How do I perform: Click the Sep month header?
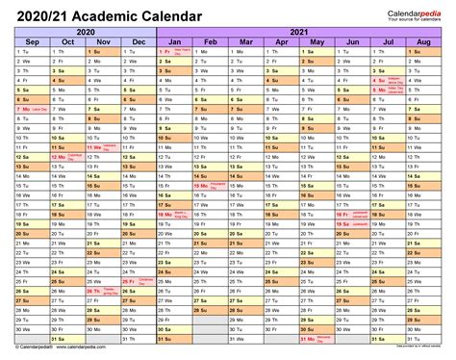(x=33, y=43)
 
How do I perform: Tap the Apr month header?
(x=283, y=43)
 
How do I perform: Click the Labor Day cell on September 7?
(x=33, y=111)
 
